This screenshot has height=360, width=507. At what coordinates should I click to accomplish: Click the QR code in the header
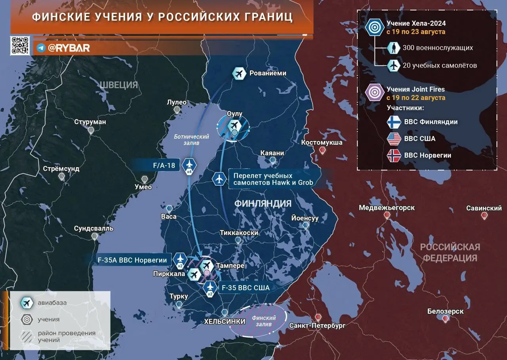[20, 45]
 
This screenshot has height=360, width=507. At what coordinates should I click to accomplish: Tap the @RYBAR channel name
[68, 48]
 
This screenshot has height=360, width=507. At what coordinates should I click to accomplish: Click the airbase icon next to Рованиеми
[239, 73]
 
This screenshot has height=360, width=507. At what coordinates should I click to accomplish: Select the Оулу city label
[234, 114]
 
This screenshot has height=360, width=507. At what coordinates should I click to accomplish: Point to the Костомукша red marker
[322, 150]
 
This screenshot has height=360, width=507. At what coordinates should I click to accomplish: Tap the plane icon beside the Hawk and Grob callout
[219, 179]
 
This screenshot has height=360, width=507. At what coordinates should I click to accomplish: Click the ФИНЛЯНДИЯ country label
[263, 204]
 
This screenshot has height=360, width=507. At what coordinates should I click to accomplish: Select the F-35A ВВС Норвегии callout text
[132, 260]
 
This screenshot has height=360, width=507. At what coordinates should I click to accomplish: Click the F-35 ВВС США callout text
[246, 288]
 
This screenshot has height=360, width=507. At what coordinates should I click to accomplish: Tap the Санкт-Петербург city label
[317, 326]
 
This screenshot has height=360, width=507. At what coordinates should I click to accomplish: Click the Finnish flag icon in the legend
[394, 122]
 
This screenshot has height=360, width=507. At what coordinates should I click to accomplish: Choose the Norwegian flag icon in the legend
[394, 155]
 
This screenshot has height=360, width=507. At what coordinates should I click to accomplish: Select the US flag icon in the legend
[394, 139]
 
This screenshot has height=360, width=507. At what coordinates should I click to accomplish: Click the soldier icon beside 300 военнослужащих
[394, 48]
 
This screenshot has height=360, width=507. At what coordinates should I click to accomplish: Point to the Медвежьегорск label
[387, 208]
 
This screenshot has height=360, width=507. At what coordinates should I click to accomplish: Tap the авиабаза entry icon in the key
[27, 303]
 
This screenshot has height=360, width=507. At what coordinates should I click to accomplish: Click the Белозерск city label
[445, 311]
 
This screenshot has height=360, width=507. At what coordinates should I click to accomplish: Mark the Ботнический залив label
[191, 139]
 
